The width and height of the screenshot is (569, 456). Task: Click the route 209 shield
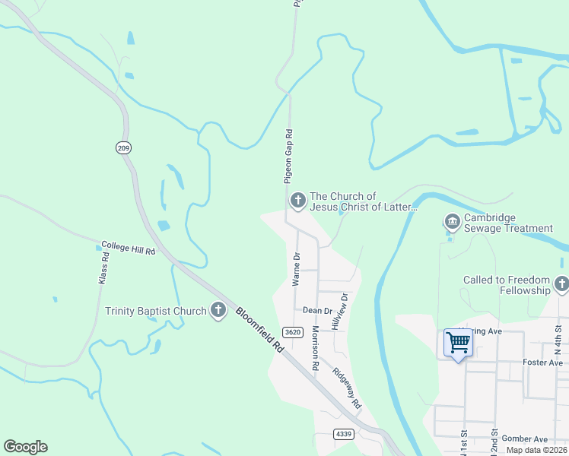pyautogui.click(x=123, y=147)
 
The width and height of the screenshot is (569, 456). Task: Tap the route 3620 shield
pyautogui.click(x=291, y=331)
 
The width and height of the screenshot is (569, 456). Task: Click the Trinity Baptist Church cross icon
pyautogui.click(x=218, y=310)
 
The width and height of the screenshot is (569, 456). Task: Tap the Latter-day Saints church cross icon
pyautogui.click(x=297, y=201)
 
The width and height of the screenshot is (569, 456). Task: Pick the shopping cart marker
pyautogui.click(x=458, y=343)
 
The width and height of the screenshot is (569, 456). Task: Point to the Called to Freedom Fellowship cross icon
pyautogui.click(x=561, y=285)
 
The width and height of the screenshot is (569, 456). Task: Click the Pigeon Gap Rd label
pyautogui.click(x=289, y=157)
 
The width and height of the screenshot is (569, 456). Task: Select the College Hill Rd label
pyautogui.click(x=128, y=249)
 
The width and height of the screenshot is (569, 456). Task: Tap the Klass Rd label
pyautogui.click(x=103, y=268)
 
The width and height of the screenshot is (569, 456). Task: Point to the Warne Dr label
pyautogui.click(x=296, y=269)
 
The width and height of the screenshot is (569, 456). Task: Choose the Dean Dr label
pyautogui.click(x=317, y=310)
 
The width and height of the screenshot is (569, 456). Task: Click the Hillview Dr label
pyautogui.click(x=339, y=311)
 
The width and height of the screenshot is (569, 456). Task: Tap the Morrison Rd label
pyautogui.click(x=315, y=348)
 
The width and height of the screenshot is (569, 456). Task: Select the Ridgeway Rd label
pyautogui.click(x=346, y=391)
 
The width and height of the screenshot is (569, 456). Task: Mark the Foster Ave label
pyautogui.click(x=543, y=363)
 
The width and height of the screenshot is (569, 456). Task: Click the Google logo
pyautogui.click(x=25, y=447)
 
